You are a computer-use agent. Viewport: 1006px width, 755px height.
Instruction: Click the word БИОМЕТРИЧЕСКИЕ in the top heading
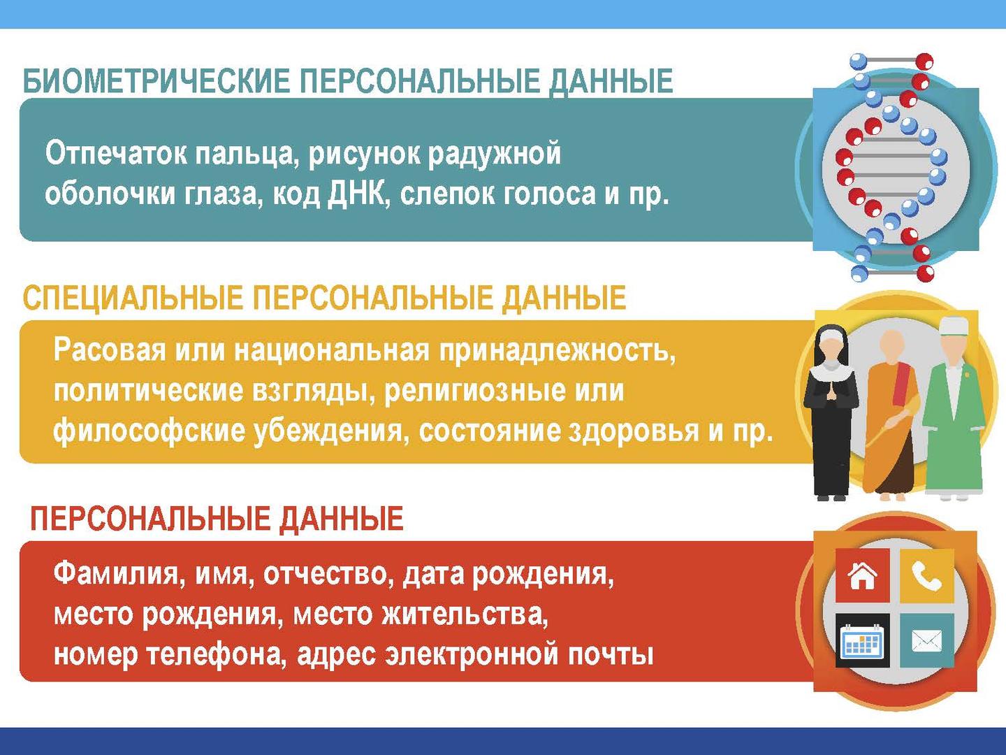156,81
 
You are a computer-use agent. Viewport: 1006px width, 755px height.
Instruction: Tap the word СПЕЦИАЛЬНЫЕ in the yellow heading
133,298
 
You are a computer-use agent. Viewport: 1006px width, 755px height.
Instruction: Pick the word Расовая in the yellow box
110,350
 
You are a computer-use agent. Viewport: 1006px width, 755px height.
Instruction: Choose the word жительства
465,614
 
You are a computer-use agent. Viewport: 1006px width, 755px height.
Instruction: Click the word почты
611,655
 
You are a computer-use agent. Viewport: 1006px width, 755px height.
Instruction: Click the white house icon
863,575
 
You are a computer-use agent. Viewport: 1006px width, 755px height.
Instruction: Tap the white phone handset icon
926,575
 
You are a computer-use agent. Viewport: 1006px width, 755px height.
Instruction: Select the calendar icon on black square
862,640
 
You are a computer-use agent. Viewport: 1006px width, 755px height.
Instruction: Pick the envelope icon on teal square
927,640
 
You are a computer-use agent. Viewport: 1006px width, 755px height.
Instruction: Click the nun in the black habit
831,412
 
